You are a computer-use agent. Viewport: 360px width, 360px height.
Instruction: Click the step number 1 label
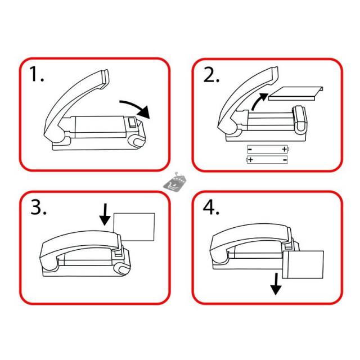tap(37, 74)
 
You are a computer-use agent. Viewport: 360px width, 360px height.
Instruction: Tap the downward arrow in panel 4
tap(276, 284)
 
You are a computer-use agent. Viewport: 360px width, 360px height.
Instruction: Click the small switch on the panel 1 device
tap(132, 122)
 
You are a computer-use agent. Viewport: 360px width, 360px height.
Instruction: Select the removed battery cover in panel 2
tap(296, 93)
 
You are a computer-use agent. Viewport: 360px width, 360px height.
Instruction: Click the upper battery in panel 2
tap(268, 149)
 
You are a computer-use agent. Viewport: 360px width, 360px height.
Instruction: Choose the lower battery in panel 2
tap(267, 160)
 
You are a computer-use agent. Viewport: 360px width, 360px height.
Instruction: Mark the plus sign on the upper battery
tap(285, 149)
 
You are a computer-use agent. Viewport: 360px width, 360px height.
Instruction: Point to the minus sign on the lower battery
tap(285, 160)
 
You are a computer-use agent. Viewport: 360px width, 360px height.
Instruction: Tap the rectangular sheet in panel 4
tap(303, 265)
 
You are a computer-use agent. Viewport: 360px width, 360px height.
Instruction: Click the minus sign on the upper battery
tap(250, 150)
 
